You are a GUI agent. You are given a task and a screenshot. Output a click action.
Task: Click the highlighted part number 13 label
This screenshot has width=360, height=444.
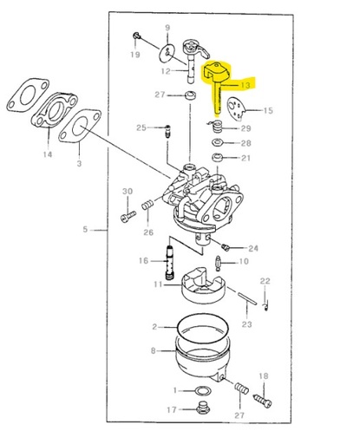click(245, 85)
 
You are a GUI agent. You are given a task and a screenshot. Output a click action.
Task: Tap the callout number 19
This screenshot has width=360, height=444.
click(135, 54)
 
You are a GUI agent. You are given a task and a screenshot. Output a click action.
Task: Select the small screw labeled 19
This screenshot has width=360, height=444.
click(136, 36)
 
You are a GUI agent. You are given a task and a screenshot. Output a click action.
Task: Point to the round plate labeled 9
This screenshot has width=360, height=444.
click(167, 53)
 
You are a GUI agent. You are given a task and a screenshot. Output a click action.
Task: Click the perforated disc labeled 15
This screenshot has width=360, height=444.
click(236, 108)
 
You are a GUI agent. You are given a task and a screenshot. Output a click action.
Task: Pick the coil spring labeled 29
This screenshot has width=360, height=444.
click(218, 127)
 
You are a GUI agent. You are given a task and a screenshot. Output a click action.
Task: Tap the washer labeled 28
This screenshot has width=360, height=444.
click(217, 142)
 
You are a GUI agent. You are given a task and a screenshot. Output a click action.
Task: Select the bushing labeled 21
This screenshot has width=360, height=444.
click(217, 158)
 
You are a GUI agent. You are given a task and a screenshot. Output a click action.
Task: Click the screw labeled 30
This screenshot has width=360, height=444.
click(128, 217)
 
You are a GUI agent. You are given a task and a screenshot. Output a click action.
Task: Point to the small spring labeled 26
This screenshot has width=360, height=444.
click(147, 206)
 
